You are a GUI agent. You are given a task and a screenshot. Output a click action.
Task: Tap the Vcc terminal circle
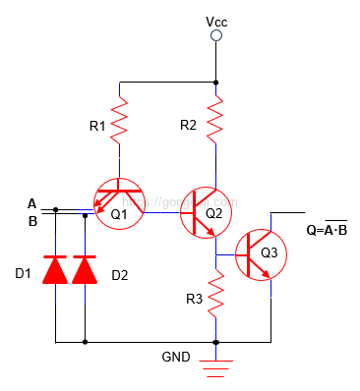216,36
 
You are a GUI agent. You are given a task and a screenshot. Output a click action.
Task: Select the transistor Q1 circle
118,202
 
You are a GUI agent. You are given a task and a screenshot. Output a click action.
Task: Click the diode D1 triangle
57,268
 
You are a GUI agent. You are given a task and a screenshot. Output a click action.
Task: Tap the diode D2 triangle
87,268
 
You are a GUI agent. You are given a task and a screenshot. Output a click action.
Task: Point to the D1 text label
23,274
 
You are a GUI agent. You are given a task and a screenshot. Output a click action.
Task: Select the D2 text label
119,274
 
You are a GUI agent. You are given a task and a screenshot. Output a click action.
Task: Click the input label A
32,203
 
